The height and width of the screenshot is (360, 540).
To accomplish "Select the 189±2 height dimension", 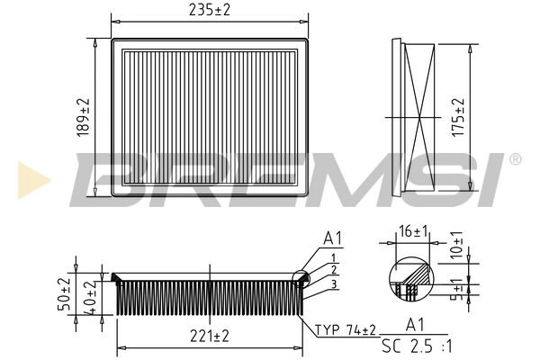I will click(85, 117).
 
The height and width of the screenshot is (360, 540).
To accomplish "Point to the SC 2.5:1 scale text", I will click(416, 345).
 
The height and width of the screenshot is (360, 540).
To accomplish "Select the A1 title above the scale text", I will click(416, 324).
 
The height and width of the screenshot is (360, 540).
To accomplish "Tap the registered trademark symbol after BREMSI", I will click(515, 159).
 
